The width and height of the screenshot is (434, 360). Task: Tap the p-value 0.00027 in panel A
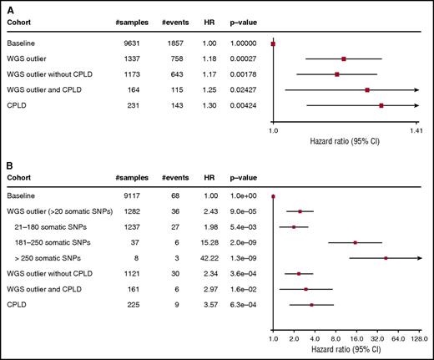(x=242, y=58)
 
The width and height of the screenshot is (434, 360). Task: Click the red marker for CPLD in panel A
(x=381, y=106)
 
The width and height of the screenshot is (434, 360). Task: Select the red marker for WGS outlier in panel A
(x=343, y=58)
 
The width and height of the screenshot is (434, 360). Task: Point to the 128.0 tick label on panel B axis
(x=418, y=340)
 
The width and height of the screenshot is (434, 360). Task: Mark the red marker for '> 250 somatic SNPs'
(x=386, y=258)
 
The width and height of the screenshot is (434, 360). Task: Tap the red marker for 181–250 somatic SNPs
(x=356, y=242)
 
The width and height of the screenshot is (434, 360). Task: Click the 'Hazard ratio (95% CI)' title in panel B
(x=345, y=352)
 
